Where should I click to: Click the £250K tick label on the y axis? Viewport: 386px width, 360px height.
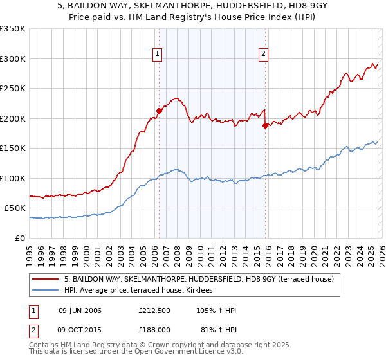[13, 89]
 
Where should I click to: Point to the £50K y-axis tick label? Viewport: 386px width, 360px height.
[15, 208]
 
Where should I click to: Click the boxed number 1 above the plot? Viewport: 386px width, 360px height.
[158, 54]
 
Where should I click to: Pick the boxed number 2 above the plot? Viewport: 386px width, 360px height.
[264, 54]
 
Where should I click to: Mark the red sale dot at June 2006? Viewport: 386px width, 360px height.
[159, 111]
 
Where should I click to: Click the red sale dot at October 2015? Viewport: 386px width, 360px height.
[265, 126]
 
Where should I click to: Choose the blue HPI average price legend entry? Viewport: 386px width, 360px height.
[142, 291]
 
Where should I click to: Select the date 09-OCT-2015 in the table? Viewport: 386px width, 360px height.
[80, 329]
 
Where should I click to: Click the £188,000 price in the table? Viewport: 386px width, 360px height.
[154, 329]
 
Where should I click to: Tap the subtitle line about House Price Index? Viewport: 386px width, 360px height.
[193, 18]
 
